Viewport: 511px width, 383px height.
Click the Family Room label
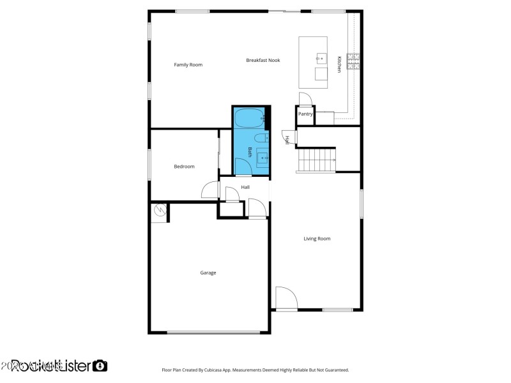(188, 64)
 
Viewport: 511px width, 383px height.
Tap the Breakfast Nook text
(263, 60)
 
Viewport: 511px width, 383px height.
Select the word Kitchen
(339, 64)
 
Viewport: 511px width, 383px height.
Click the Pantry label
(305, 114)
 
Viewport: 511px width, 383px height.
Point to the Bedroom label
(184, 167)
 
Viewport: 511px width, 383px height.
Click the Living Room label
(317, 239)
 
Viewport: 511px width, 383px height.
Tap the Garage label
(208, 273)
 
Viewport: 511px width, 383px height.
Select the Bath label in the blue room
(250, 152)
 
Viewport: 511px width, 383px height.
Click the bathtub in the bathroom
(249, 118)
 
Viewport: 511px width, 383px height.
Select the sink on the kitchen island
(320, 59)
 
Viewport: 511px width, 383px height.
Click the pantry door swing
(305, 98)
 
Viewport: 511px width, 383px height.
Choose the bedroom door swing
(210, 190)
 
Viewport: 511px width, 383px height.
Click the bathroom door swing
(243, 167)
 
